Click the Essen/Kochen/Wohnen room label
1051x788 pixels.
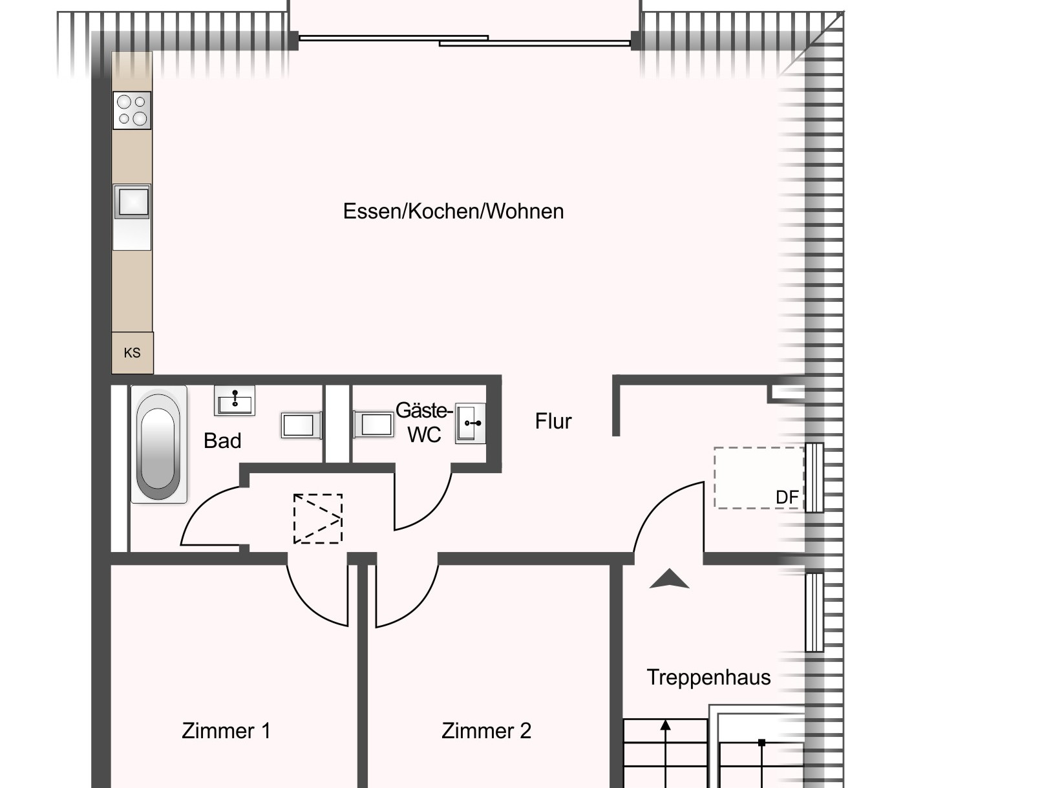(x=453, y=211)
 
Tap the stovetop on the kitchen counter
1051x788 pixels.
(x=132, y=111)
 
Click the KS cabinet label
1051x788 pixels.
(x=132, y=353)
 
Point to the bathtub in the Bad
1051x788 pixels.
(x=158, y=444)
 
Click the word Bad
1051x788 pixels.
(x=222, y=441)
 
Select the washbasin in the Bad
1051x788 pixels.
(x=235, y=400)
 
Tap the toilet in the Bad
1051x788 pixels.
(x=301, y=425)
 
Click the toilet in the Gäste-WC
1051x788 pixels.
(x=374, y=424)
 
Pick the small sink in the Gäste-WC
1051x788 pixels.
(x=470, y=423)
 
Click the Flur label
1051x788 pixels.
(x=553, y=421)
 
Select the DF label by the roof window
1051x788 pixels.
(x=787, y=497)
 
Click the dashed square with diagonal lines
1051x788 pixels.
(x=318, y=519)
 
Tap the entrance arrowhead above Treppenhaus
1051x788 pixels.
(x=670, y=579)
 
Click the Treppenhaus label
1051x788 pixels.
(x=708, y=677)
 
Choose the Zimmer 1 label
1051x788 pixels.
(x=226, y=731)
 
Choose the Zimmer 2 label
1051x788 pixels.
(x=486, y=731)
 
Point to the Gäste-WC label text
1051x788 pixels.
(x=424, y=423)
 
